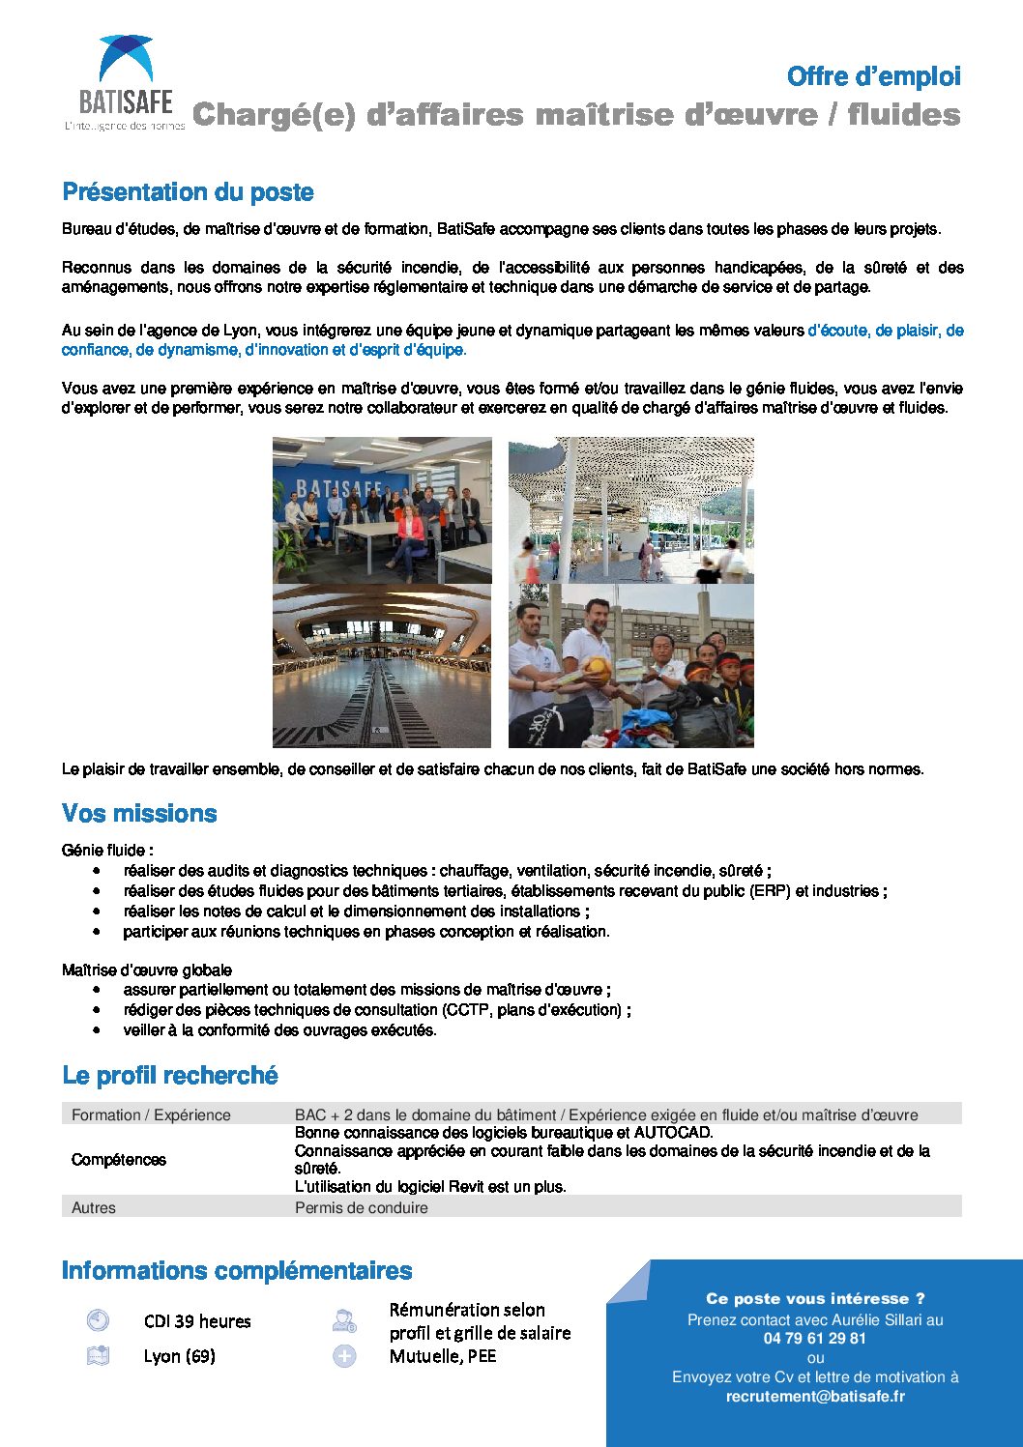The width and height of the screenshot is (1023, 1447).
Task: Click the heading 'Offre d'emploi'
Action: pyautogui.click(x=873, y=76)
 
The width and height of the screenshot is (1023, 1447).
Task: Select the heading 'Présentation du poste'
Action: pyautogui.click(x=188, y=192)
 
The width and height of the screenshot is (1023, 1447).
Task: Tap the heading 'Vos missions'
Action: pyautogui.click(x=139, y=814)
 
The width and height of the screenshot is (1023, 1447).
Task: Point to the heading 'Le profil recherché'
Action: pyautogui.click(x=170, y=1076)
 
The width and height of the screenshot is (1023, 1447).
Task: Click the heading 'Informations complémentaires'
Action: pyautogui.click(x=237, y=1271)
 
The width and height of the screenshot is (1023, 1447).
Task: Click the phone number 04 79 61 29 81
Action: pyautogui.click(x=814, y=1339)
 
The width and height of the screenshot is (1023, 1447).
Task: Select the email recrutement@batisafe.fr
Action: pyautogui.click(x=815, y=1397)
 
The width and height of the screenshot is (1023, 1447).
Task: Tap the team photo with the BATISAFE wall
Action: pyautogui.click(x=382, y=510)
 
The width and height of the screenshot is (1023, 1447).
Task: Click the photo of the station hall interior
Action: pyautogui.click(x=382, y=666)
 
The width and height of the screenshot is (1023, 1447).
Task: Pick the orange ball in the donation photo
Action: pyautogui.click(x=597, y=670)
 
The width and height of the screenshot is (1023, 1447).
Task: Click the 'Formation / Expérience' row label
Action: pyautogui.click(x=151, y=1115)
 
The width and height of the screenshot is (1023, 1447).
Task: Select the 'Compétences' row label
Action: pyautogui.click(x=119, y=1160)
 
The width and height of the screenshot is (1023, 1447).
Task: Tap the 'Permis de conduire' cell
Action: pyautogui.click(x=361, y=1208)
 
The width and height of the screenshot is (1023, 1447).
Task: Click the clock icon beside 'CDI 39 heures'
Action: pyautogui.click(x=98, y=1320)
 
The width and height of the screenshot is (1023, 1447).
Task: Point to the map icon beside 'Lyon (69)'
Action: pyautogui.click(x=98, y=1356)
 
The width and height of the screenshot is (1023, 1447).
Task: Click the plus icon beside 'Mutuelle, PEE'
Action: pyautogui.click(x=344, y=1356)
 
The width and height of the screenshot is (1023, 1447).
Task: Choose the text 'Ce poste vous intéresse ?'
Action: pyautogui.click(x=815, y=1299)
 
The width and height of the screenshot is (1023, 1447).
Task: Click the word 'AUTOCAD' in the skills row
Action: pyautogui.click(x=672, y=1133)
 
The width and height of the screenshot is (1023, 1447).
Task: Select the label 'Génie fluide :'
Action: pyautogui.click(x=107, y=851)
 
